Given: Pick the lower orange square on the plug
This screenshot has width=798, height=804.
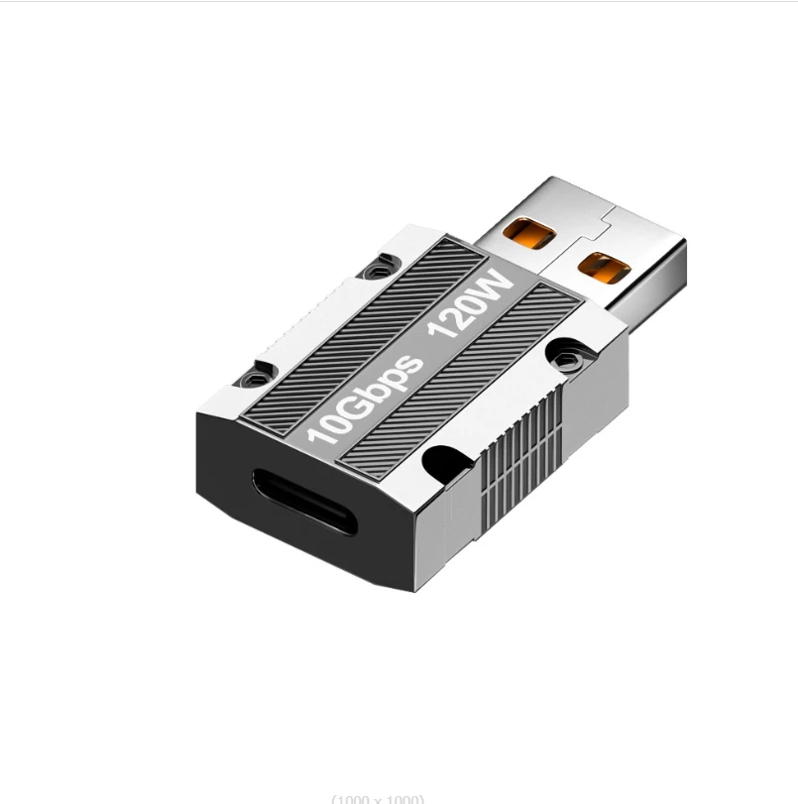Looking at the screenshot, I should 604,269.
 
